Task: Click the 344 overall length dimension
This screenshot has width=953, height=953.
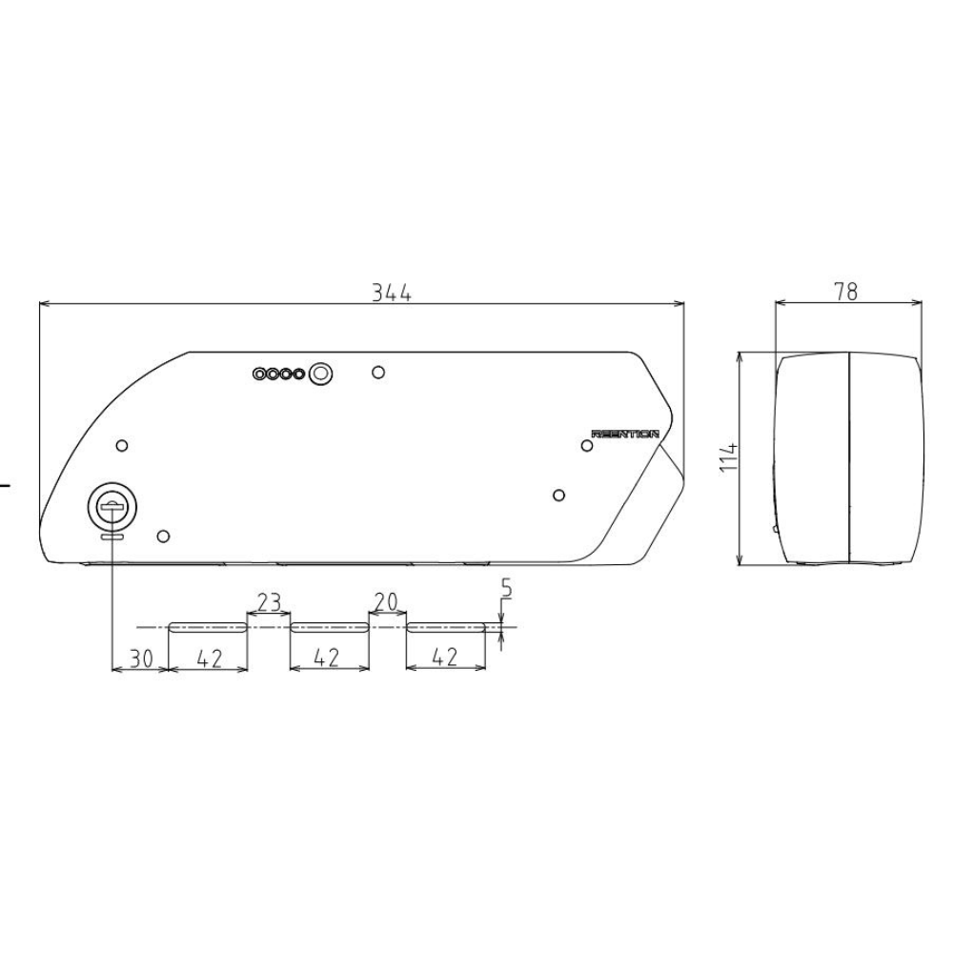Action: point(392,294)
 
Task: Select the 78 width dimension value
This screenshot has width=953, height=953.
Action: point(845,292)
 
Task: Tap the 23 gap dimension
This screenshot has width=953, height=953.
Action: point(269,602)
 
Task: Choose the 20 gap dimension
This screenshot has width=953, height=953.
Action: point(385,602)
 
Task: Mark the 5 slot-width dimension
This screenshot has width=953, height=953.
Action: point(506,589)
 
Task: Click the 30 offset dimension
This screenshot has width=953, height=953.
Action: point(139,659)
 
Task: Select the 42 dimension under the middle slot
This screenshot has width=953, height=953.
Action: point(328,659)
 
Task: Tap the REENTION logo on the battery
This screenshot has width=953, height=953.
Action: point(625,434)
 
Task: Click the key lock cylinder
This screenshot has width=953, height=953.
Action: point(112,507)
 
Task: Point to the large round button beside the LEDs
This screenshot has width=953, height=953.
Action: point(322,374)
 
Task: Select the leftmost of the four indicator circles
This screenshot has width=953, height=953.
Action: point(259,375)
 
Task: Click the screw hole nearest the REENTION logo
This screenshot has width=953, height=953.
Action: point(588,445)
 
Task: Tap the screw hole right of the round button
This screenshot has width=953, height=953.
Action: point(378,372)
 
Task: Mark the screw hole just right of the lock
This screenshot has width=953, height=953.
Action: point(163,536)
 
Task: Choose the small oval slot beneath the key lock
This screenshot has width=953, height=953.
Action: point(112,537)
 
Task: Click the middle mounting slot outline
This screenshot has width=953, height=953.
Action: point(329,627)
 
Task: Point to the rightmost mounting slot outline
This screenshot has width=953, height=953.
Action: point(446,627)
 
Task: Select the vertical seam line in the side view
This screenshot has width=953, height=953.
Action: point(848,457)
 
